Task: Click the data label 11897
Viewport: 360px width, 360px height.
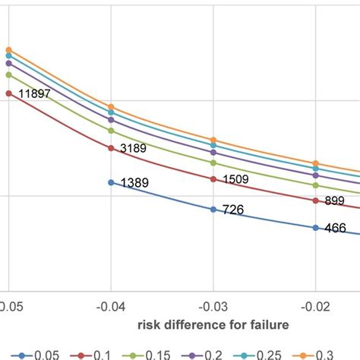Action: coord(32,93)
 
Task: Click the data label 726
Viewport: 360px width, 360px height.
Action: coord(232,209)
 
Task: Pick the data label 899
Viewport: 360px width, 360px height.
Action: coord(335,201)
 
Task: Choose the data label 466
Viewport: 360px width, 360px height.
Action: coord(334,227)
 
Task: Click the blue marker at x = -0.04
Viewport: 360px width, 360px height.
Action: coord(111,182)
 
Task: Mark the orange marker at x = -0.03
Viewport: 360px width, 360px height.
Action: coord(213,141)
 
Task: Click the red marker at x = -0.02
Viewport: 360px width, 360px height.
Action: coord(316,201)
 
